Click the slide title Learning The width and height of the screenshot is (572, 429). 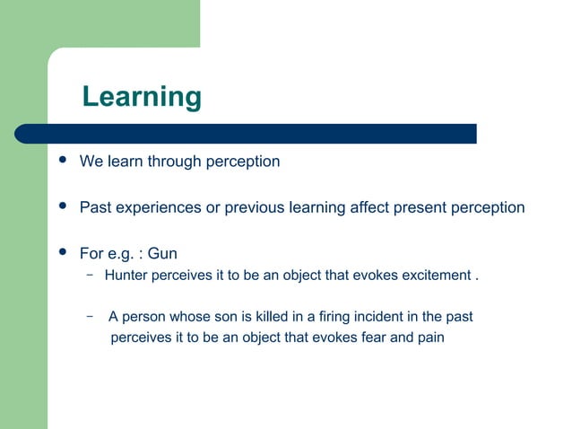click(142, 97)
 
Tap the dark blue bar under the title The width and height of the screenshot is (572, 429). click(246, 134)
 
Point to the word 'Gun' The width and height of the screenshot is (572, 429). click(162, 254)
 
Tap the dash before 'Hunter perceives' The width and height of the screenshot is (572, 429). click(91, 275)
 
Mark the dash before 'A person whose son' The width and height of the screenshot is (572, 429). click(91, 316)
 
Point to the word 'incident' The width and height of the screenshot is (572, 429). click(372, 317)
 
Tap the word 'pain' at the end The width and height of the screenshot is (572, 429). click(429, 339)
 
